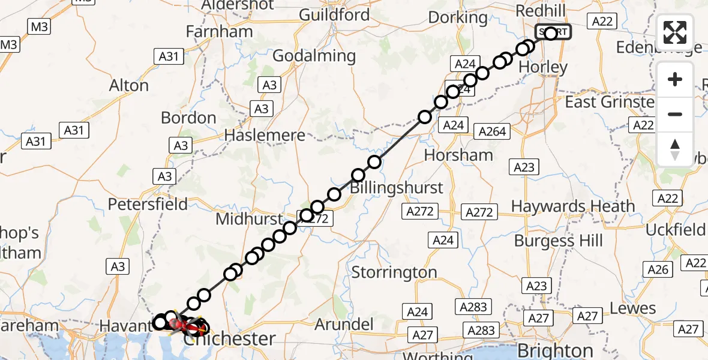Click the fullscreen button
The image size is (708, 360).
point(675,32)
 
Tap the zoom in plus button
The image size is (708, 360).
point(675,80)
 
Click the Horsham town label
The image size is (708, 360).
point(458,155)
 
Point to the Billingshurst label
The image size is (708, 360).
point(397,187)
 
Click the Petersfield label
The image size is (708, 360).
point(148,205)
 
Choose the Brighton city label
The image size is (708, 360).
point(556,350)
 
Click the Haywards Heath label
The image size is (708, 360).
point(572,206)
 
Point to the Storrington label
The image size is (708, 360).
point(394,272)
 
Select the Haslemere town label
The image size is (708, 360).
point(265,136)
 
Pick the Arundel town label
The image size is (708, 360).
point(344,325)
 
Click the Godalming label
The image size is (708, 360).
point(314,56)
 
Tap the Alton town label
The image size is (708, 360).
point(129,86)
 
